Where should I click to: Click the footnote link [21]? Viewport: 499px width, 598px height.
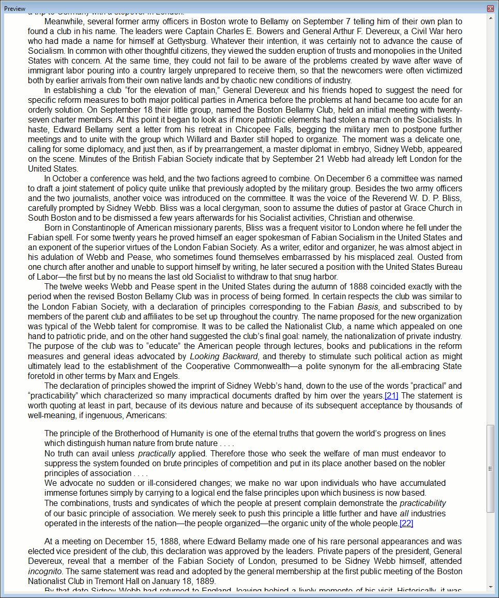pyautogui.click(x=391, y=396)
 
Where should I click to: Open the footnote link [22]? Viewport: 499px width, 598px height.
pyautogui.click(x=406, y=524)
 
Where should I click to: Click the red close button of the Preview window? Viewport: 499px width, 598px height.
pyautogui.click(x=490, y=8)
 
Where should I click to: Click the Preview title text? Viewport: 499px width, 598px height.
pyautogui.click(x=15, y=8)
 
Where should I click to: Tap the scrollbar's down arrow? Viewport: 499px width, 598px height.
pyautogui.click(x=490, y=587)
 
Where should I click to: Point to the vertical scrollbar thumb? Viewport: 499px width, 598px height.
pyautogui.click(x=490, y=468)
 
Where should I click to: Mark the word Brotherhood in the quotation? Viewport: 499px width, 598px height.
pyautogui.click(x=129, y=434)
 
